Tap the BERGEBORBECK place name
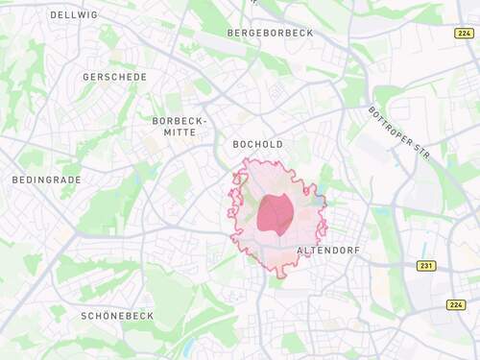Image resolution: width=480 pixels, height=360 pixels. point(271,33)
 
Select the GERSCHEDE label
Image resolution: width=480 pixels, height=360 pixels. point(115,77)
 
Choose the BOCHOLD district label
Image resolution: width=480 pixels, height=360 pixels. point(258,145)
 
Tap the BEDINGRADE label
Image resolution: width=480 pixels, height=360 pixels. point(46,180)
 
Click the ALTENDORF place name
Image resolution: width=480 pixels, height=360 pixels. point(328,250)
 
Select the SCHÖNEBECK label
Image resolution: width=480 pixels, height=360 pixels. point(117,316)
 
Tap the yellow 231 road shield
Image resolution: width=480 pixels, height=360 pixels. point(426,266)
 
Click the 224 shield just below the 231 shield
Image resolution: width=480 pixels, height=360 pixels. point(456,305)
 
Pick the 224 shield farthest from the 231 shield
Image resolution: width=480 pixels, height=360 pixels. point(464,33)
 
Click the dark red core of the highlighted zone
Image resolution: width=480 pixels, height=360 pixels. point(276,213)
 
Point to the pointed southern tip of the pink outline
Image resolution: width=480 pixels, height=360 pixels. point(280,276)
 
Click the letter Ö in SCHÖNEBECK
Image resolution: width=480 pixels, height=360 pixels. point(105,316)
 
